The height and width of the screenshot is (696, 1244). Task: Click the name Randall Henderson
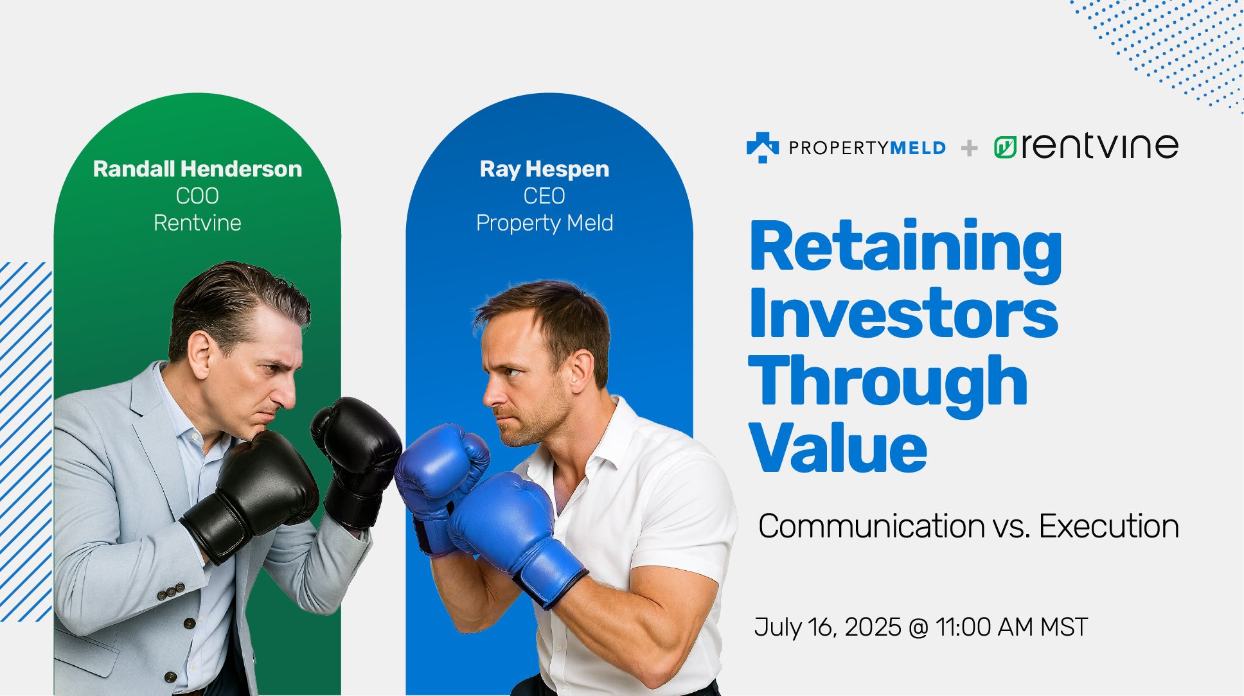pyautogui.click(x=197, y=169)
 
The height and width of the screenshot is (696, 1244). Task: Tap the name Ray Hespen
pyautogui.click(x=544, y=169)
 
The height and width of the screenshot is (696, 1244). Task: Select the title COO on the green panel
pyautogui.click(x=197, y=196)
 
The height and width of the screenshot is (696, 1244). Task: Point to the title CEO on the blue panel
pyautogui.click(x=544, y=196)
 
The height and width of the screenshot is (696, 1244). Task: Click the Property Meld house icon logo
pyautogui.click(x=762, y=147)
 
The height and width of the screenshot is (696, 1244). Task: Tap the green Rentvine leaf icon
pyautogui.click(x=1004, y=148)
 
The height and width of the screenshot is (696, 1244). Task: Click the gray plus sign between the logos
pyautogui.click(x=969, y=148)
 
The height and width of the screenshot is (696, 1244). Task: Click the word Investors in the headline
pyautogui.click(x=903, y=315)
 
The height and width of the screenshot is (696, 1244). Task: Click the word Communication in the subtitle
pyautogui.click(x=871, y=526)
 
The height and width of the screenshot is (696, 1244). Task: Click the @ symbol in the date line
pyautogui.click(x=919, y=627)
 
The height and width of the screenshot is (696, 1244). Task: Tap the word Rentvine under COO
pyautogui.click(x=197, y=223)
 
